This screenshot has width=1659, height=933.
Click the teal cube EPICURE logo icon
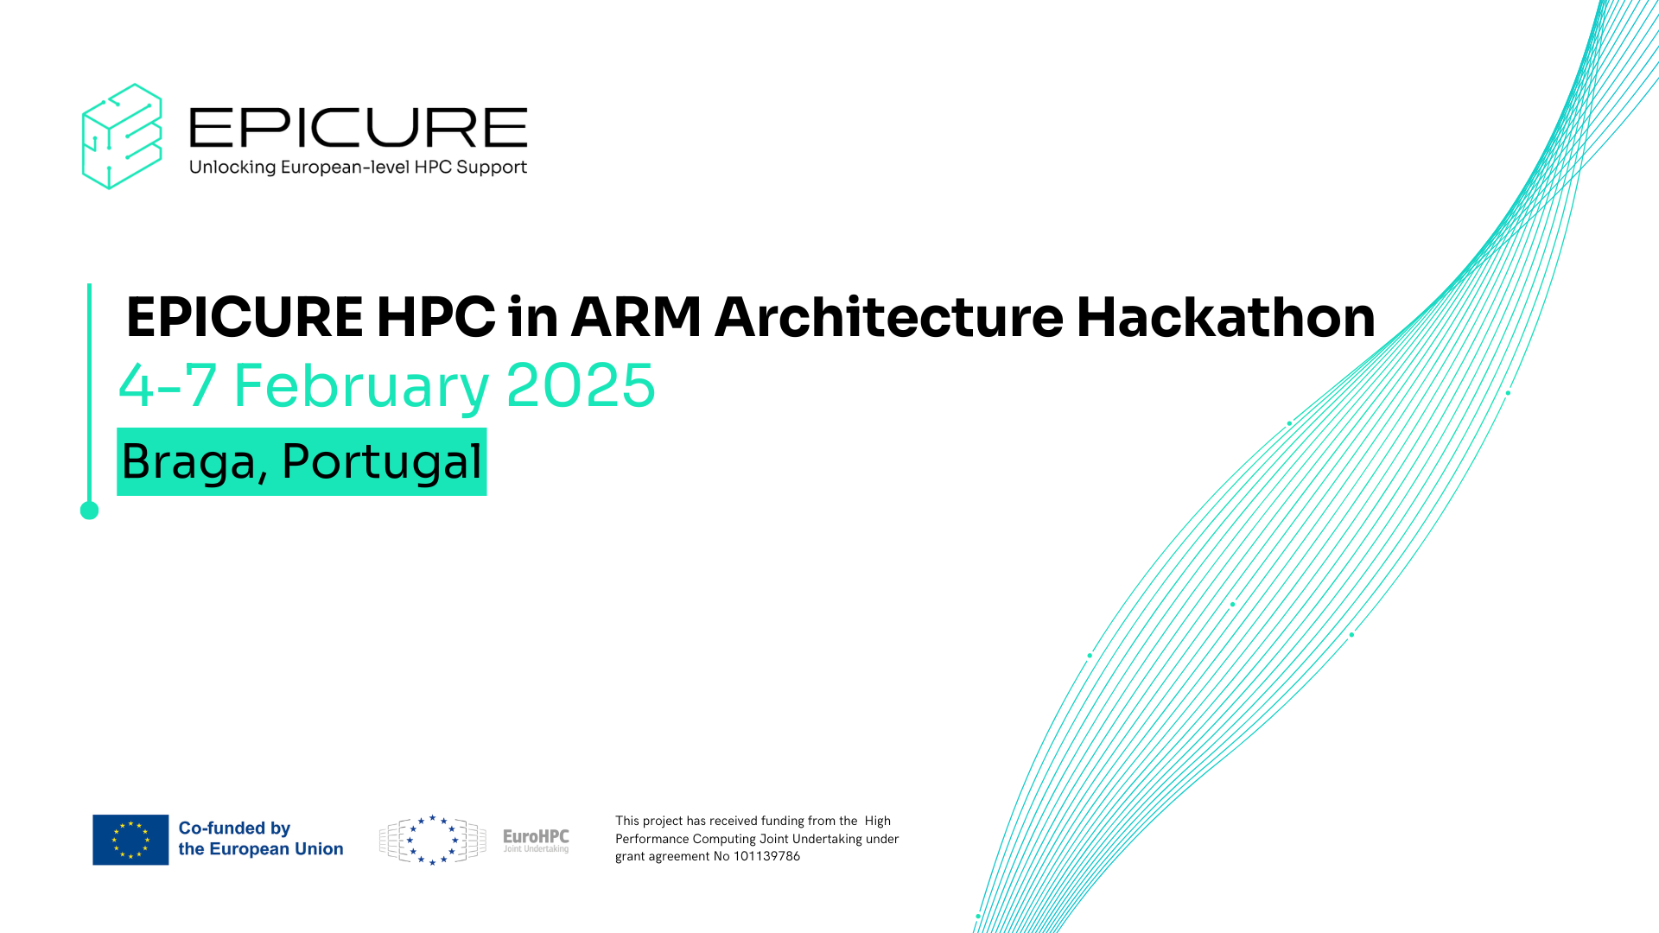pos(122,136)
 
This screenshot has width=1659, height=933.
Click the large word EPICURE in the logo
pos(358,128)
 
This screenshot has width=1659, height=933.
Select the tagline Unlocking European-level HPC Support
pos(358,167)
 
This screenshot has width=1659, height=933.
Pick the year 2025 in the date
pos(581,385)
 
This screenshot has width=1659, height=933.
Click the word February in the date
pos(361,385)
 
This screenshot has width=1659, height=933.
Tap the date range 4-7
pos(168,385)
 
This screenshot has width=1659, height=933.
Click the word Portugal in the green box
pos(382,461)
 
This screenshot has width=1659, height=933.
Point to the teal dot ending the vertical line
pos(89,511)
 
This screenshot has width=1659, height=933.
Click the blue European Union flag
pos(130,840)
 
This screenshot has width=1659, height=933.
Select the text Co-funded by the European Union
pos(260,839)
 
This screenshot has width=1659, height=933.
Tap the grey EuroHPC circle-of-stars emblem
pos(433,840)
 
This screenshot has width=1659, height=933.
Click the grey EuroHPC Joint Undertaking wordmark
pos(536,840)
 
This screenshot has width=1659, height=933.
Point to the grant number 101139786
pos(766,856)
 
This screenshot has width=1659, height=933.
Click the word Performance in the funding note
pos(652,839)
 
